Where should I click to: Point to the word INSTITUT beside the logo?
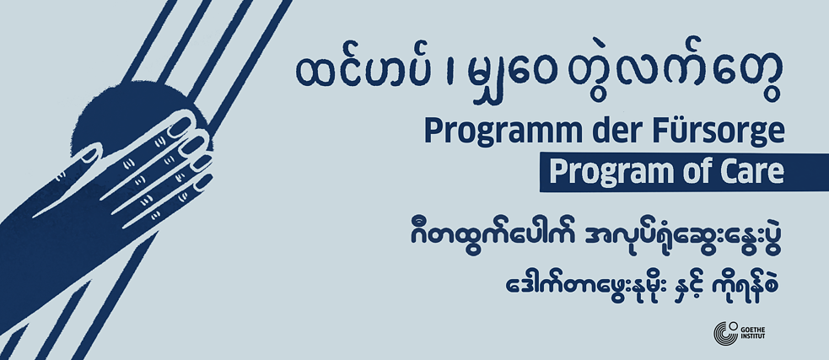click(753, 336)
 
